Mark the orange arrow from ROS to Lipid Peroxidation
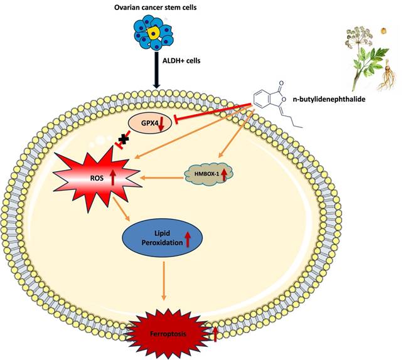(121, 209)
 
